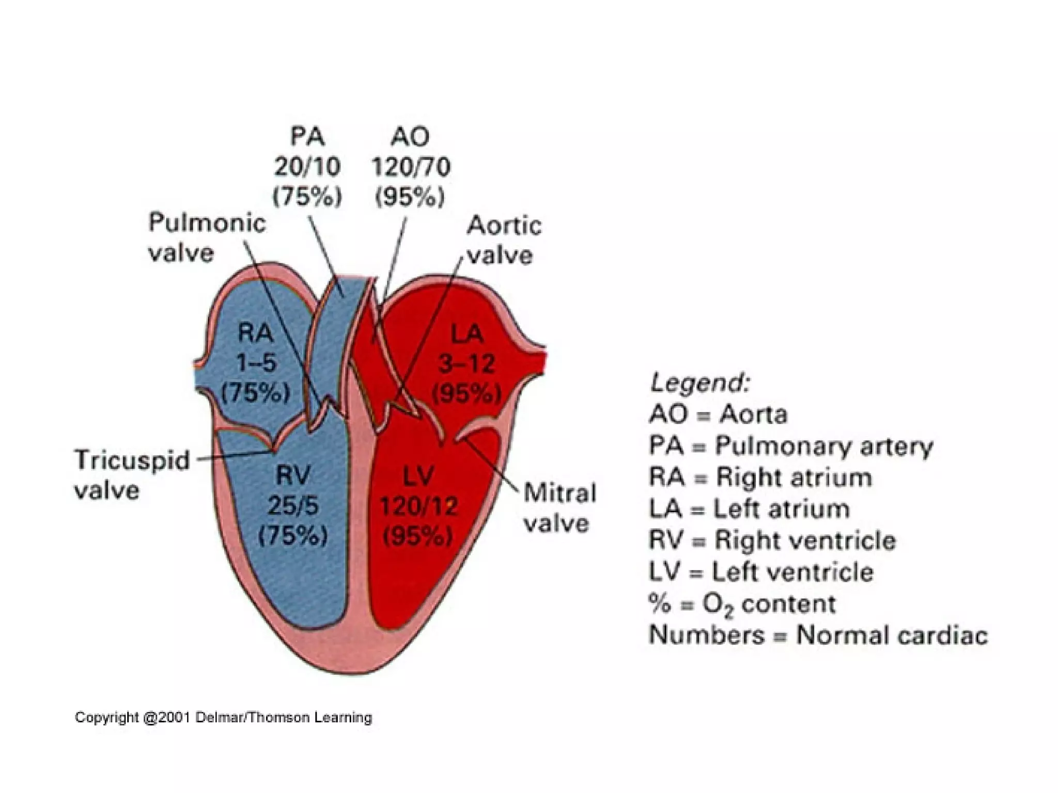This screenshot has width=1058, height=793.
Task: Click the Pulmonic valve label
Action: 207,238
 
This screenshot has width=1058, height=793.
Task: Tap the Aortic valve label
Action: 503,241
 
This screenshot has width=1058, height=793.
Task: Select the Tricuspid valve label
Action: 132,474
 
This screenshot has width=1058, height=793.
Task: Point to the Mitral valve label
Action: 559,508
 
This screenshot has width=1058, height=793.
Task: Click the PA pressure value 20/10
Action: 307,167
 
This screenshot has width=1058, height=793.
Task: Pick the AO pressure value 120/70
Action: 411,167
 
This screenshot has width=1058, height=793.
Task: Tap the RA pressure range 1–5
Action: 256,363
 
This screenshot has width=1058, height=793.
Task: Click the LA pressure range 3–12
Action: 466,364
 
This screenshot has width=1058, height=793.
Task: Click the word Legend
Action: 699,384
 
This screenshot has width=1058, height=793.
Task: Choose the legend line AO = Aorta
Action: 718,415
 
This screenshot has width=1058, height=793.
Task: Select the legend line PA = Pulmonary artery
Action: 790,446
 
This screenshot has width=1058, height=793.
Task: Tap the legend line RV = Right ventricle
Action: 772,541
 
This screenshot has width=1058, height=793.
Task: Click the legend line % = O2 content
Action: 742,604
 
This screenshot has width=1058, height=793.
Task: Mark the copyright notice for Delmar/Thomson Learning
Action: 223,718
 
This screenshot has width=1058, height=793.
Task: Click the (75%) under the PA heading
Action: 307,197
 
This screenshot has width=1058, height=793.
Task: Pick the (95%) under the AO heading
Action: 410,197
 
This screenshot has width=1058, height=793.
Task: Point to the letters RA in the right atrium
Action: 255,333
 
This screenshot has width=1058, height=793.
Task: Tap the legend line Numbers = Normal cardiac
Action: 818,635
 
